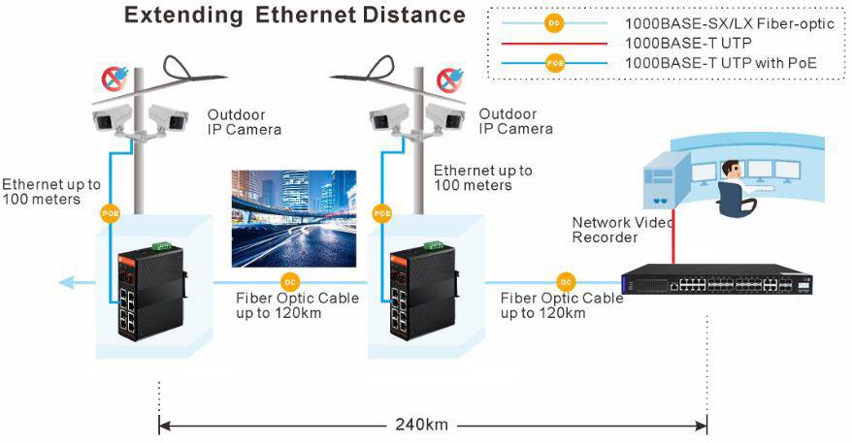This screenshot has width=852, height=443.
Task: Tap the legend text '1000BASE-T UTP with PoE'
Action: [720, 62]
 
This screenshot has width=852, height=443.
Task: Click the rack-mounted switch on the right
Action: [717, 280]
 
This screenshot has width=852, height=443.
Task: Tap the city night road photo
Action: [294, 218]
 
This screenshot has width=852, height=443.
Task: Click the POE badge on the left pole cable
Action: [109, 212]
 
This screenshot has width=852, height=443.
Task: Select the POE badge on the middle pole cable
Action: [381, 212]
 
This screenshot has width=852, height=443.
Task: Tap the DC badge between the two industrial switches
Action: [287, 282]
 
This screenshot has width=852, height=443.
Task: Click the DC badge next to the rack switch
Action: [566, 282]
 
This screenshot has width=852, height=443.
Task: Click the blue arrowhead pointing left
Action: [66, 282]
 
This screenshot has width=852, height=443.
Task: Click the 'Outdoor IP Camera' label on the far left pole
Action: [244, 121]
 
